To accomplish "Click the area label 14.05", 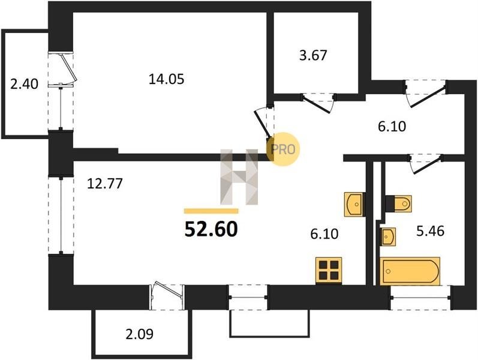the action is tap(167, 79).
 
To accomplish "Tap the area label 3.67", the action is tap(313, 56).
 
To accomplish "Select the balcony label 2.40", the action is tap(25, 84).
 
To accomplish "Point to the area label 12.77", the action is tap(105, 184).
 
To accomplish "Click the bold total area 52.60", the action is tap(211, 229).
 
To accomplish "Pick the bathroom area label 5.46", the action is tap(431, 231).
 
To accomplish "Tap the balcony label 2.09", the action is tap(139, 334).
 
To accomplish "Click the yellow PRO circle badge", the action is tap(283, 149).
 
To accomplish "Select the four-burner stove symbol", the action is tap(329, 271).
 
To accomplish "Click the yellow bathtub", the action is tap(410, 271).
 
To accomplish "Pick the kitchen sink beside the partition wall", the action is tap(354, 204).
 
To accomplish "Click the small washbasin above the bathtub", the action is tap(388, 236).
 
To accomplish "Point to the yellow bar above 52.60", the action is tap(211, 211).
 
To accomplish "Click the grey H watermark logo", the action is tap(239, 177).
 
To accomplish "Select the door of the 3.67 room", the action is tap(318, 103).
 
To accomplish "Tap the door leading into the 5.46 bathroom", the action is tap(425, 164).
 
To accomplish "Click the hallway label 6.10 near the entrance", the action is tap(392, 126).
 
